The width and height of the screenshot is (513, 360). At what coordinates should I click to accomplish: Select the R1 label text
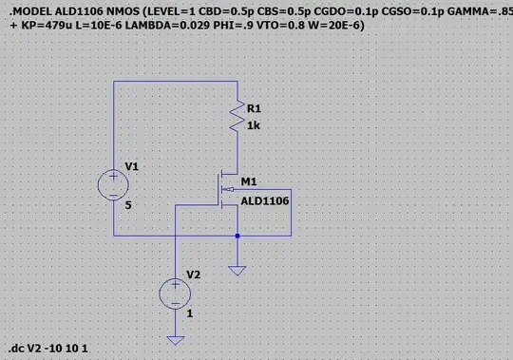coord(254,107)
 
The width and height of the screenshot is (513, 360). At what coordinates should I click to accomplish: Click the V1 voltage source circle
coord(113,183)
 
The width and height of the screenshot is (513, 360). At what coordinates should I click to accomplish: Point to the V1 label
coord(131,166)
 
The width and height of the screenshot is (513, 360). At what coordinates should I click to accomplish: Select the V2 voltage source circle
coord(175,293)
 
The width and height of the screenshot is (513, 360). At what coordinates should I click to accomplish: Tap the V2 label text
coord(193,275)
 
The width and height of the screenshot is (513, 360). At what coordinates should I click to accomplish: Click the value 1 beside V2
coord(190,312)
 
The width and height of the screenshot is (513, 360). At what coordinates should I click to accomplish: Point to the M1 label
coord(250,180)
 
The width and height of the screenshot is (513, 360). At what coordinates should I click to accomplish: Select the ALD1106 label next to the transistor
coord(265,200)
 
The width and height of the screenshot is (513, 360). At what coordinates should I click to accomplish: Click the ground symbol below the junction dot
coord(237,271)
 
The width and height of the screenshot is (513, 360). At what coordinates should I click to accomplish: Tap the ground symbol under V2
coord(175,339)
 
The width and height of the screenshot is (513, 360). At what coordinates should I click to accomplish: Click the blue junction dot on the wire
coord(237,235)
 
